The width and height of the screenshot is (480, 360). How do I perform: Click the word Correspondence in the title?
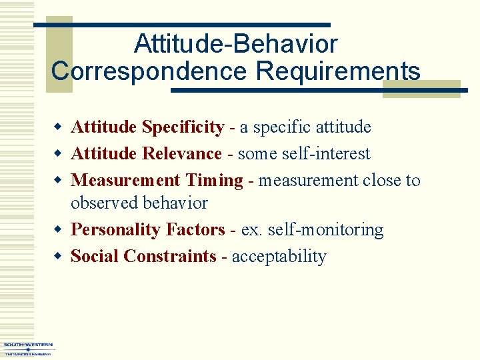(x=149, y=70)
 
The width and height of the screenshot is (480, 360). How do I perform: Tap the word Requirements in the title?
(x=339, y=70)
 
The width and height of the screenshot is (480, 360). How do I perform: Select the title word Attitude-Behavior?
(x=235, y=44)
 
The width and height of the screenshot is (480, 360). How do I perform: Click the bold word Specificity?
(x=183, y=127)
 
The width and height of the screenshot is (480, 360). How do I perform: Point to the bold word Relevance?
(x=182, y=153)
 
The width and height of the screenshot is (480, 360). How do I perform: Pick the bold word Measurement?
(x=125, y=180)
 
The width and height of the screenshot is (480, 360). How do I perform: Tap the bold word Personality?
(x=115, y=230)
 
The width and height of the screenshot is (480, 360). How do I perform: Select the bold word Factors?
(x=195, y=230)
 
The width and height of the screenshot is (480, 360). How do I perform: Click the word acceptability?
(x=279, y=257)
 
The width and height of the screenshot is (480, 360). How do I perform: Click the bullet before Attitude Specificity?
(x=59, y=127)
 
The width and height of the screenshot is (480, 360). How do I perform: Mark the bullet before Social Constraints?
(x=59, y=257)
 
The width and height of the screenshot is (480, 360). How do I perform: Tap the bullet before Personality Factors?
(x=59, y=230)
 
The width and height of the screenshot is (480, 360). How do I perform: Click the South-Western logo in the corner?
(x=27, y=349)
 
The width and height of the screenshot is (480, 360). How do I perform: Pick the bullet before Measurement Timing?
(x=59, y=180)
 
